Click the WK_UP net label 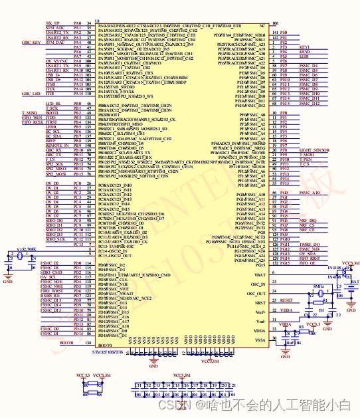click(52, 22)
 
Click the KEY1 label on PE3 click(305, 48)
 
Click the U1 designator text click(98, 21)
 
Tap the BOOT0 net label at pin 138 click(66, 342)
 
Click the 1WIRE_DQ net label click(309, 245)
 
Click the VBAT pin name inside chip click(260, 273)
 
